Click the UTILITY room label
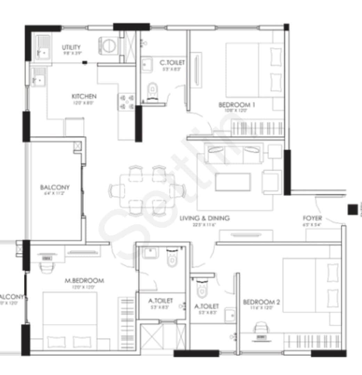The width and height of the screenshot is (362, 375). [71, 47]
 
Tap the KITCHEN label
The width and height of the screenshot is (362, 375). [84, 97]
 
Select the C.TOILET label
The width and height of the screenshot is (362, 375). [172, 63]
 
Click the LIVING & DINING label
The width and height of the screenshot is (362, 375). [204, 218]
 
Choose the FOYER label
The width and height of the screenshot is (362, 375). [312, 218]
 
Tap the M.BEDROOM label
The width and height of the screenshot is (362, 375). [84, 281]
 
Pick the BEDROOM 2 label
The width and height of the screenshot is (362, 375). [262, 301]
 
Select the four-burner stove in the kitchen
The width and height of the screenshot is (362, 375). [126, 102]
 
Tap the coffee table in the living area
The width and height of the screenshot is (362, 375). [233, 182]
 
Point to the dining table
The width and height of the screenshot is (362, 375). [147, 191]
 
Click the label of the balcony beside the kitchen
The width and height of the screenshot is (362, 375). [55, 187]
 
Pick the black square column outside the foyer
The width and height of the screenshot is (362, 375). [352, 209]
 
